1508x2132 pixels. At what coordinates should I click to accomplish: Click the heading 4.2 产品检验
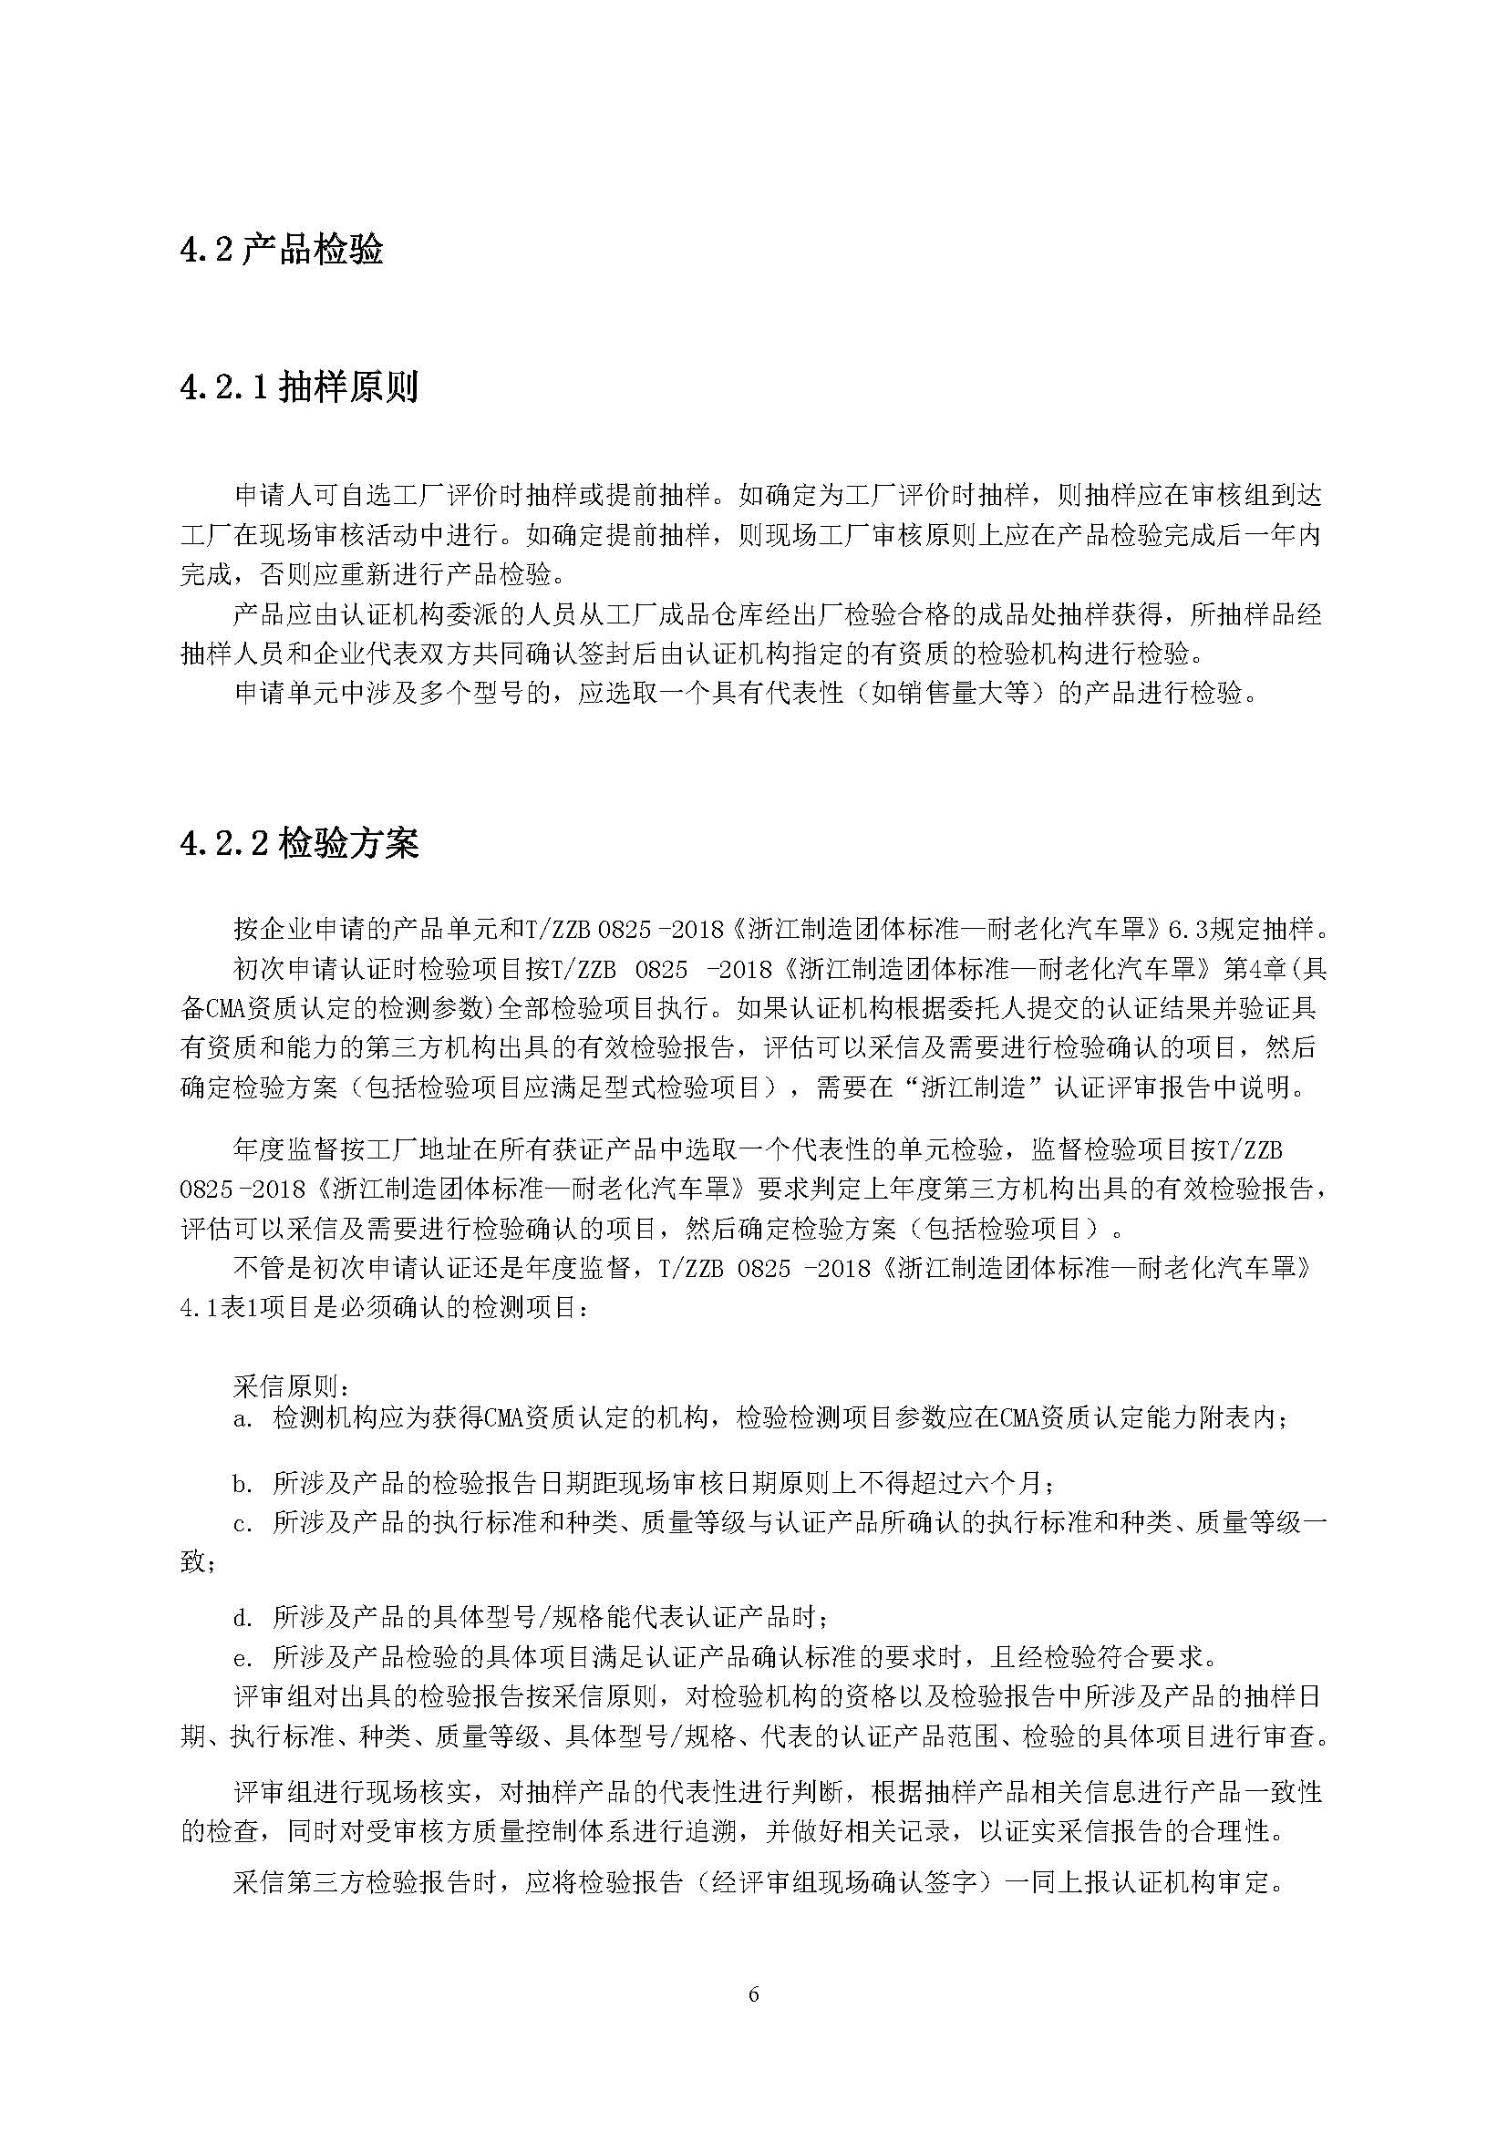tap(282, 251)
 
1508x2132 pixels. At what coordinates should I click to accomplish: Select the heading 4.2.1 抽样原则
tap(299, 387)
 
